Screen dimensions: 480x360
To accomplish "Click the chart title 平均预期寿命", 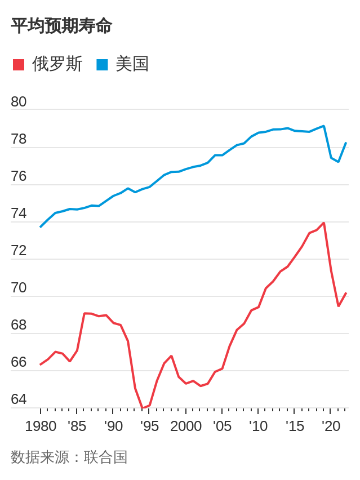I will tap(61, 26).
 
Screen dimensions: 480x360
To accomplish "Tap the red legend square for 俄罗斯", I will tap(19, 65).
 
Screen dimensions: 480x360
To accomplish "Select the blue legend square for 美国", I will tap(102, 65).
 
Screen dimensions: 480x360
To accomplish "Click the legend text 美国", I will tap(132, 64).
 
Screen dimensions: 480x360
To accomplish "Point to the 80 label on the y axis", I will tap(19, 102).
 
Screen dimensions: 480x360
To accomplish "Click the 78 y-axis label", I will tap(19, 139).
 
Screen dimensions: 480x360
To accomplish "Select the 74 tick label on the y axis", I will tap(19, 214).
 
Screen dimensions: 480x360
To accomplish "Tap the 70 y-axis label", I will tap(19, 288).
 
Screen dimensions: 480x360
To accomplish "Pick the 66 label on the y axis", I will tap(19, 362).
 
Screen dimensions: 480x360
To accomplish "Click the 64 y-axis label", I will tap(19, 399).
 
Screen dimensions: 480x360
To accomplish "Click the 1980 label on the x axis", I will tap(41, 426).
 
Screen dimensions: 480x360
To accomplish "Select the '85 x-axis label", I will tap(77, 426).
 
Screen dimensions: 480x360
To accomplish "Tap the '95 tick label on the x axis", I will tap(149, 426).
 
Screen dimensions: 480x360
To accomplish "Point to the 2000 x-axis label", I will tap(186, 426).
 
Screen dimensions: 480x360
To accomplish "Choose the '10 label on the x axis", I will tap(258, 426).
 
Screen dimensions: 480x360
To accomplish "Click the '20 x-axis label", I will tap(331, 426).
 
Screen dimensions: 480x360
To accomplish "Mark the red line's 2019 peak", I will tap(324, 223).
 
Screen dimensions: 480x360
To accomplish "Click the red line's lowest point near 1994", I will tap(143, 408).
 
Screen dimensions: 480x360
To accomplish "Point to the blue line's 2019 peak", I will tap(324, 126).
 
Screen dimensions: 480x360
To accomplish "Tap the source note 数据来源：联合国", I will tap(69, 457).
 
